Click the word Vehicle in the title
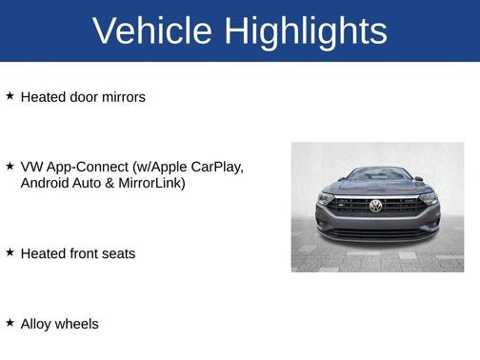(152, 31)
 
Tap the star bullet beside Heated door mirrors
(10, 96)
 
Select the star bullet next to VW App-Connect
(10, 166)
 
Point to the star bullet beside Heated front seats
(10, 252)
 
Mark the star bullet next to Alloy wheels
(10, 323)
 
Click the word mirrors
(119, 97)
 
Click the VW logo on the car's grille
(375, 206)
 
